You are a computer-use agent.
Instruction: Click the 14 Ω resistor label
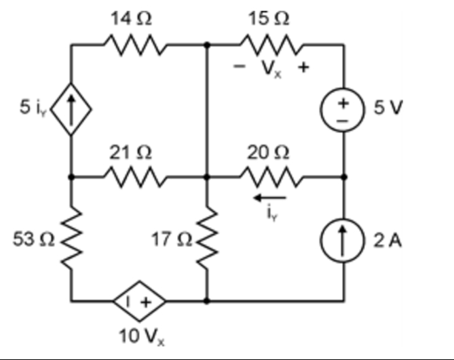click(x=132, y=20)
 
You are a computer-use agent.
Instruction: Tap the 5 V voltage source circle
click(x=343, y=110)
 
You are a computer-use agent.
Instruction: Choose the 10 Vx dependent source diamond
click(x=138, y=300)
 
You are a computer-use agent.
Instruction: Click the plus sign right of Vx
click(x=305, y=68)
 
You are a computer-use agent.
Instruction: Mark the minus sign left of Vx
click(x=238, y=68)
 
